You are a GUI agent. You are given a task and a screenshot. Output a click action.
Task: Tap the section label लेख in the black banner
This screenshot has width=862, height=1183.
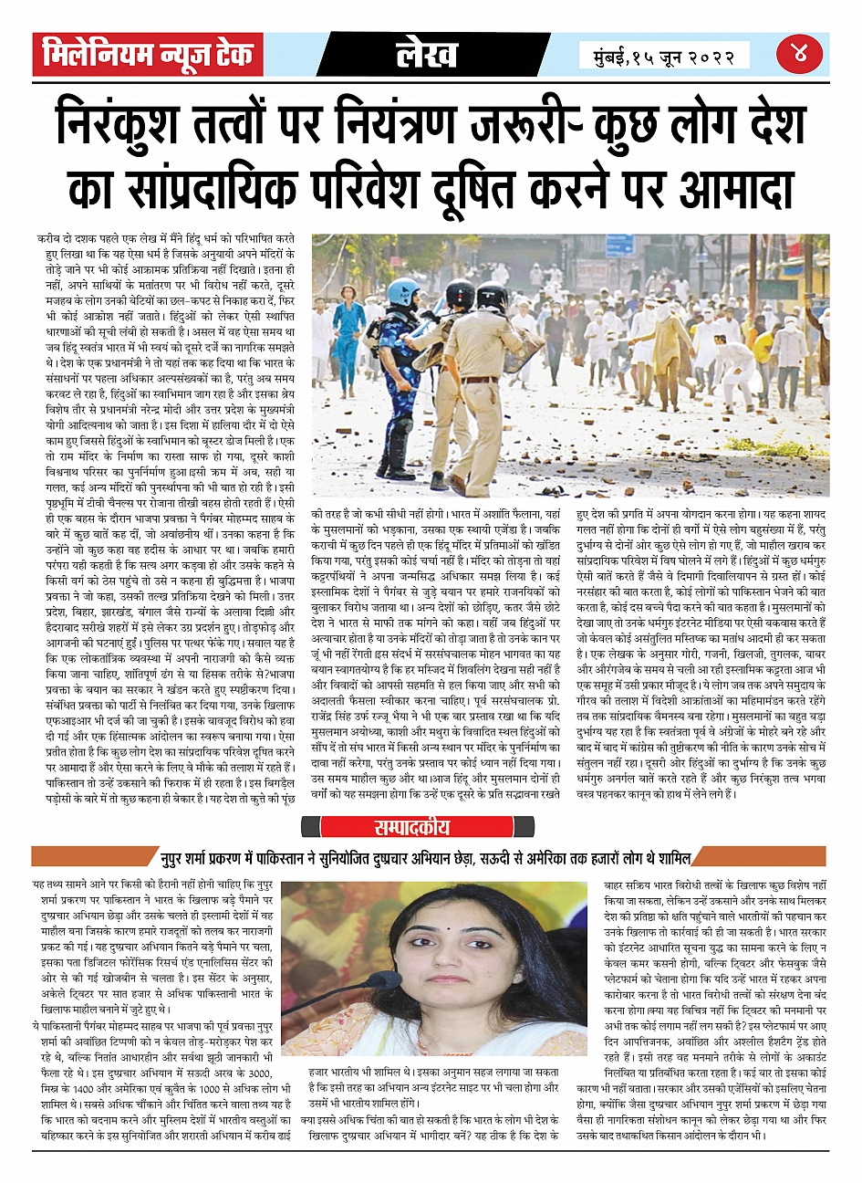point(427,54)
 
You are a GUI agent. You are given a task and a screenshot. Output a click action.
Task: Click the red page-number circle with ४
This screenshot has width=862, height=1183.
point(800,54)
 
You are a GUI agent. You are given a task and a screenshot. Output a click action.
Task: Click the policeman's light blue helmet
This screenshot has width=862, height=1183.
point(402,291)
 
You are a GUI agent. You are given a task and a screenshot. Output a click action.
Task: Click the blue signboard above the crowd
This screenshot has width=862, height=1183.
point(620,246)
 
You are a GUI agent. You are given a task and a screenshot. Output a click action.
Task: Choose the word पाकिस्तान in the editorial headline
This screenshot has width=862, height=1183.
point(290,857)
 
